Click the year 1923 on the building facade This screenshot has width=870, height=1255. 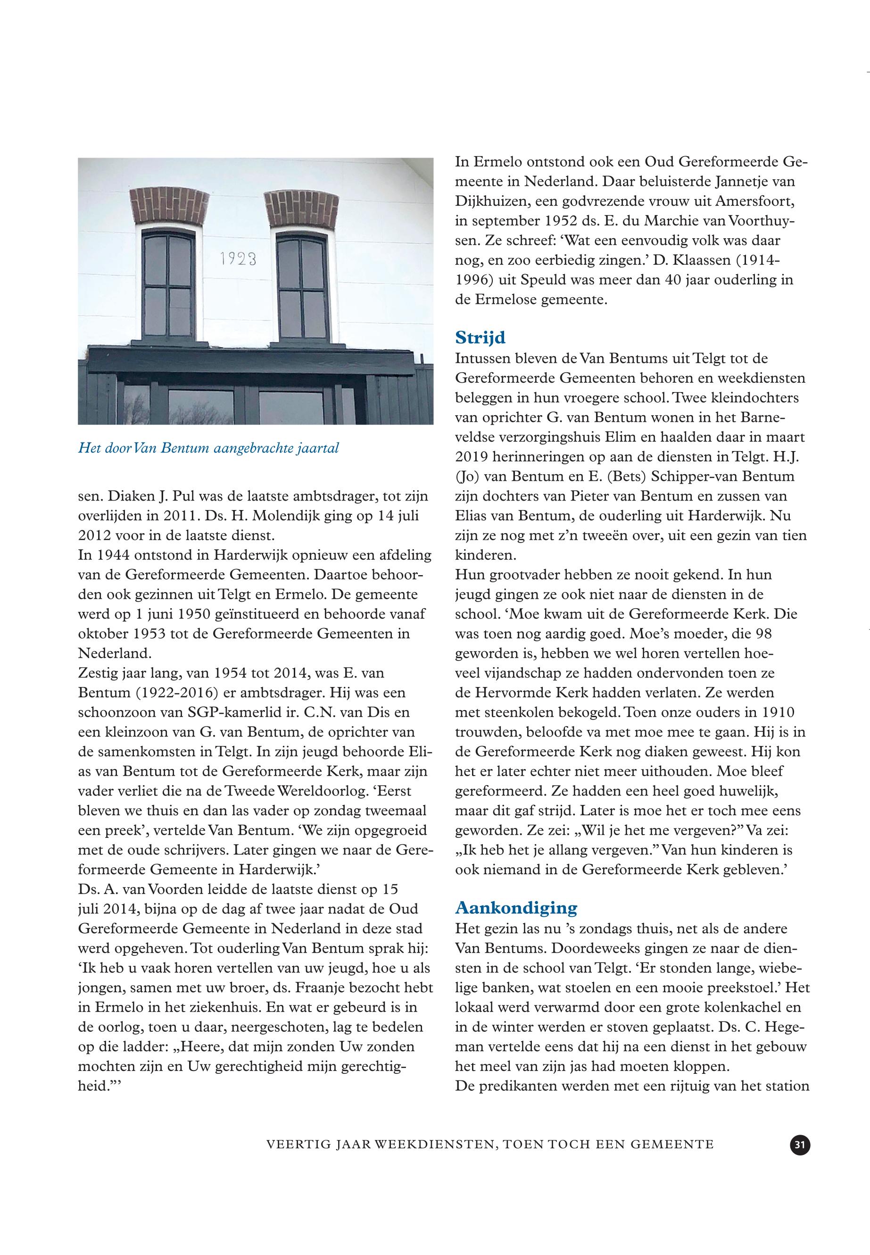click(238, 259)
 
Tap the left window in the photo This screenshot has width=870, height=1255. click(168, 284)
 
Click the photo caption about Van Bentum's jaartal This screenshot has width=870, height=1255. click(208, 448)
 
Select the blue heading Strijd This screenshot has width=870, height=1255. click(480, 338)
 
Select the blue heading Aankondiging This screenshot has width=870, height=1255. click(516, 908)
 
